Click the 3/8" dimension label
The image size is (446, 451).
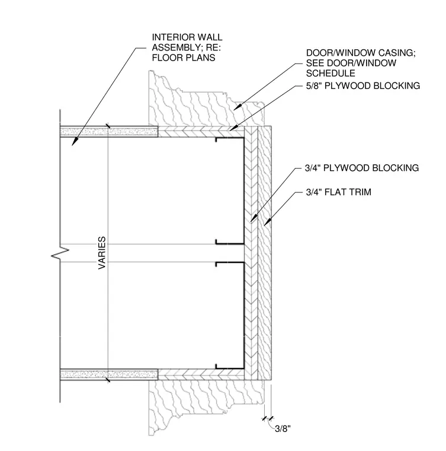click(283, 429)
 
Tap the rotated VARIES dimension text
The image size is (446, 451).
click(102, 253)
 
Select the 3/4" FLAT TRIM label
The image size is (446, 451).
click(339, 192)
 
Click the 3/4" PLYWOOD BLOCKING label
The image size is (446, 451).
click(362, 168)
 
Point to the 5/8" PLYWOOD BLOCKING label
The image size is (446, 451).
click(362, 85)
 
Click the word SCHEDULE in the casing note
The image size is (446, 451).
click(331, 74)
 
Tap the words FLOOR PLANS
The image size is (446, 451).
click(184, 58)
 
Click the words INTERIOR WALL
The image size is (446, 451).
click(187, 37)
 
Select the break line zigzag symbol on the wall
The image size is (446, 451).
click(60, 253)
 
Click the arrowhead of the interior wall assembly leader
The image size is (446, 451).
click(73, 144)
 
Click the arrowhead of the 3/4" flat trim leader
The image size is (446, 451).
click(265, 224)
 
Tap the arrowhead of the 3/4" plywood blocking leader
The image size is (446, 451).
click(251, 221)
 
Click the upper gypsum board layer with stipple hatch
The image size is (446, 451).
click(109, 132)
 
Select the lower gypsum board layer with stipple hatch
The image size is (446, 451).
click(109, 374)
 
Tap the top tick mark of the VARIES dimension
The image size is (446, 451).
click(108, 126)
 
